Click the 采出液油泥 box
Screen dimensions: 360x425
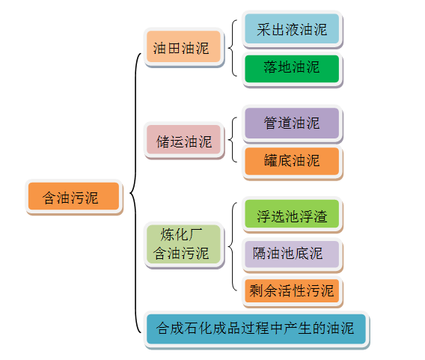(x=291, y=29)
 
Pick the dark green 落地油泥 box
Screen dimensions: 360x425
(x=291, y=67)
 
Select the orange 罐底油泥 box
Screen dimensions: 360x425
(x=291, y=160)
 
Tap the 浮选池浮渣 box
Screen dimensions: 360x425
(x=291, y=216)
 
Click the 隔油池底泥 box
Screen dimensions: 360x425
(x=291, y=254)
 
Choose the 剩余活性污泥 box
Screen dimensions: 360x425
(x=291, y=290)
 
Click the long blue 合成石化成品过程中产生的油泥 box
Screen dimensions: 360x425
(x=256, y=329)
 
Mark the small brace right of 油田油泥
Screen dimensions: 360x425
(x=232, y=49)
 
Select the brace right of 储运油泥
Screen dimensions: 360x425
(x=232, y=141)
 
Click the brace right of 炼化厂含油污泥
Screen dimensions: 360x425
(x=232, y=245)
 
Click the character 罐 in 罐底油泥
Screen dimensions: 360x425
(x=271, y=160)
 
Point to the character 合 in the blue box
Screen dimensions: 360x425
(x=163, y=329)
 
